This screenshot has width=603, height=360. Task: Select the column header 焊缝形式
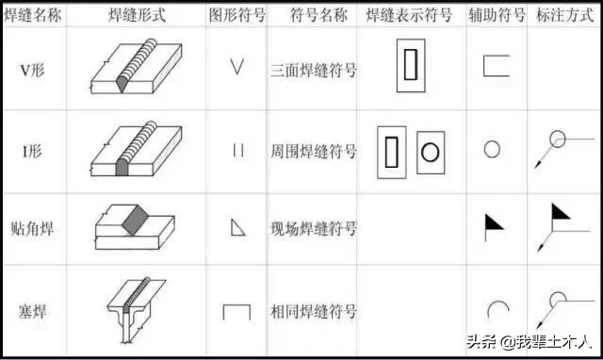click(138, 14)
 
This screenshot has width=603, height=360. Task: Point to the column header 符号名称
click(312, 14)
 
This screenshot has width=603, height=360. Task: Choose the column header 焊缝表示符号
click(411, 14)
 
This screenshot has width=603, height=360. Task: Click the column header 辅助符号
click(497, 14)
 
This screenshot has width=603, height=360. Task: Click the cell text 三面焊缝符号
click(312, 69)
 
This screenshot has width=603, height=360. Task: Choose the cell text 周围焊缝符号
click(312, 150)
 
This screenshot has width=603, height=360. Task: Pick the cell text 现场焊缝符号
click(312, 228)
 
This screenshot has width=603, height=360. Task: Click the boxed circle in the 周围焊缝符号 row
click(429, 151)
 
